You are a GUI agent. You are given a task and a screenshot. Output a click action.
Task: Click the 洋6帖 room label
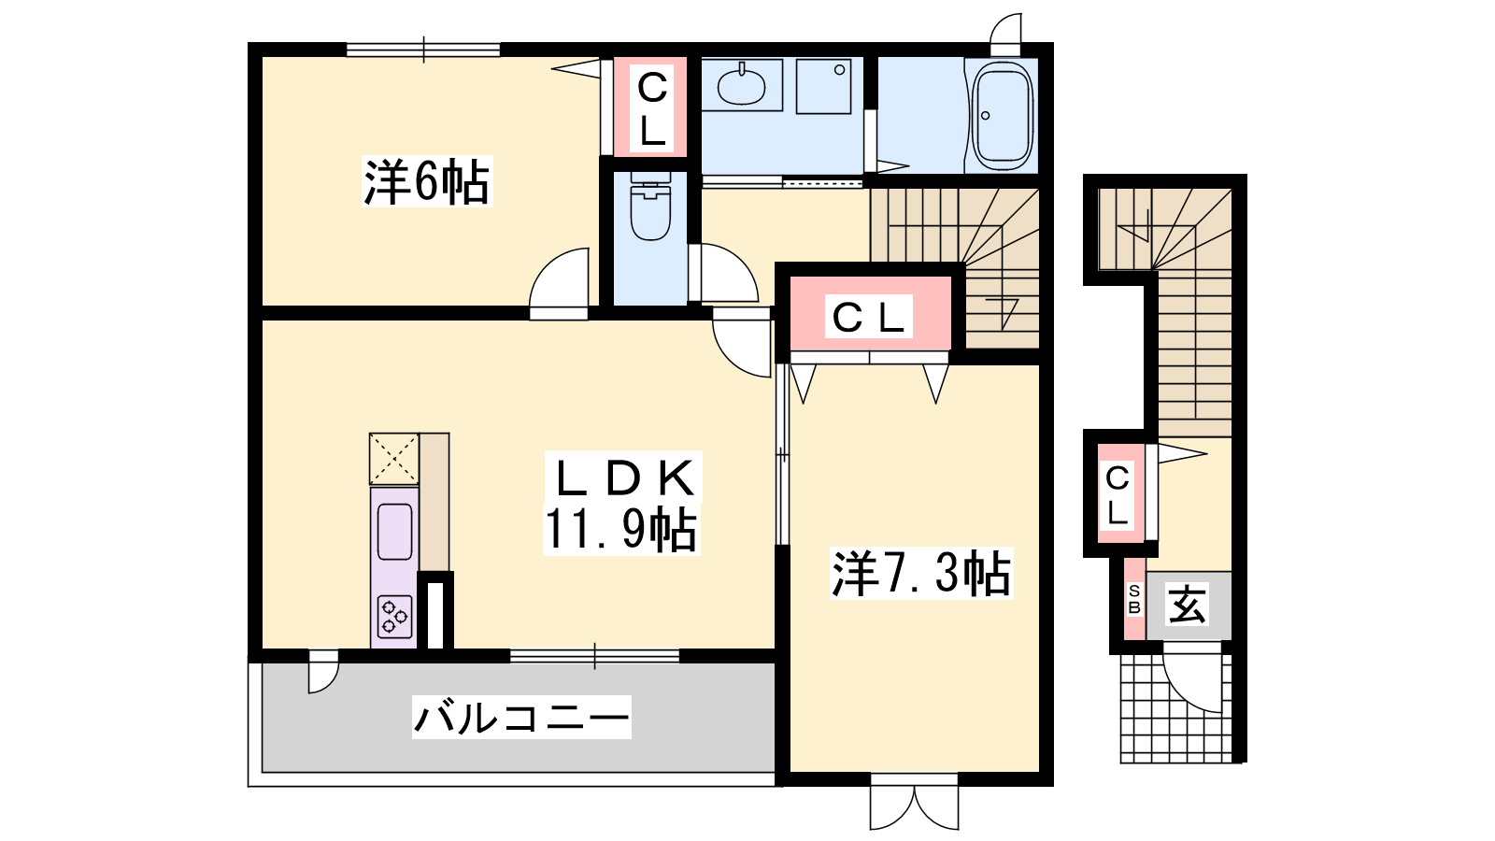click(426, 181)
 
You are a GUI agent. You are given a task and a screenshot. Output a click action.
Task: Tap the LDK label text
click(621, 478)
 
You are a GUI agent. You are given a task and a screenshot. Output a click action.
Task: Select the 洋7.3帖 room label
click(921, 574)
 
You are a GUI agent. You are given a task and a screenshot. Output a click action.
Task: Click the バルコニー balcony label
click(521, 718)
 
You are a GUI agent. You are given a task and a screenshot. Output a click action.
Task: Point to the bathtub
click(1003, 116)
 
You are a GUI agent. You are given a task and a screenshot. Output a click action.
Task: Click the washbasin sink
click(741, 85)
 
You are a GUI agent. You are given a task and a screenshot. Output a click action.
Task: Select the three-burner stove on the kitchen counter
click(394, 617)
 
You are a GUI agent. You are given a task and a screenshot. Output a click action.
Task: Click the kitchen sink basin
click(394, 532)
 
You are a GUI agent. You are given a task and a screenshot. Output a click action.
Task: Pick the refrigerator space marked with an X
click(394, 459)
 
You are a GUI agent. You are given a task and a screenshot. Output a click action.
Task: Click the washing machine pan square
click(823, 87)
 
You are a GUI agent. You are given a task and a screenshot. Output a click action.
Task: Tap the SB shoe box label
click(1134, 599)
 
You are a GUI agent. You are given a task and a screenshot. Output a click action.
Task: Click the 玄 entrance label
click(1188, 605)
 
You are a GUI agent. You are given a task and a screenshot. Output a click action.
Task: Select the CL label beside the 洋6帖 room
click(652, 108)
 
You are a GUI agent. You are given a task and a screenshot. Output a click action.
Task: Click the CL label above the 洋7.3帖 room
click(869, 317)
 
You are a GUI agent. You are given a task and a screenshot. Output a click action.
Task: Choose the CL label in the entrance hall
click(1118, 495)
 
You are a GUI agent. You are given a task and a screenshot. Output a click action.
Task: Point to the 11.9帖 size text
click(621, 530)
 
